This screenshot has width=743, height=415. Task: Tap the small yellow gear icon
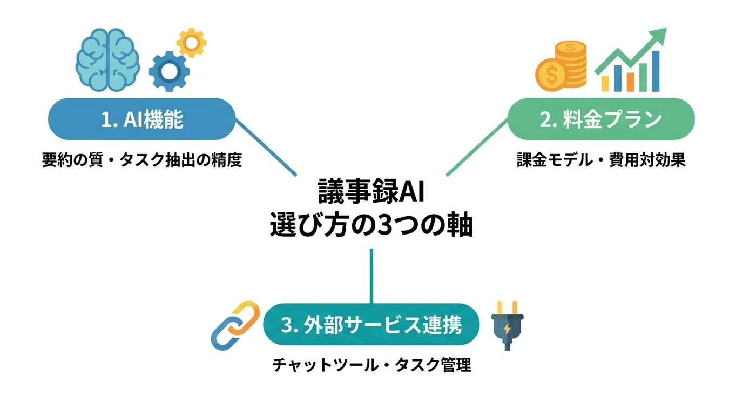coord(192,42)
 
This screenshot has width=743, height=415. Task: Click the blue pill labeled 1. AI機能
coord(142,119)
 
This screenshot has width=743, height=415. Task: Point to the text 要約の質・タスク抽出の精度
coord(142,160)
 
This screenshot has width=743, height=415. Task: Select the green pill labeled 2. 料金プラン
coord(601,119)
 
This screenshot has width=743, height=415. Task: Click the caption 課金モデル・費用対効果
coord(601,160)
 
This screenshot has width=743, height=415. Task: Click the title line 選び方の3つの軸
coord(371,225)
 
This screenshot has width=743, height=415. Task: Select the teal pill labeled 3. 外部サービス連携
coord(371,325)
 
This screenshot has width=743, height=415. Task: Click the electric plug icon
coord(508,325)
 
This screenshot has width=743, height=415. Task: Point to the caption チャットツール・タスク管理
coord(371,365)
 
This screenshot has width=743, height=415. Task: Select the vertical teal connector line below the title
coord(371,276)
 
